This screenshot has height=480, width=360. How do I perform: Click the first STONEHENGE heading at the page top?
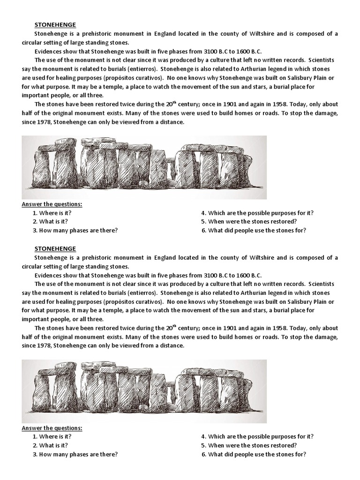(55, 25)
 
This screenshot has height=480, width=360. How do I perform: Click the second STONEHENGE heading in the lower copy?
(55, 249)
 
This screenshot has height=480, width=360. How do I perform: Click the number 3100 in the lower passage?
(207, 275)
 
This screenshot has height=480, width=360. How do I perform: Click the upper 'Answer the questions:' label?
(52, 204)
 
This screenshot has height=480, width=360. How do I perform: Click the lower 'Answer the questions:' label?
(52, 428)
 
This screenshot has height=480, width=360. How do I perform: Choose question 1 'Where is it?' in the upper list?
(55, 213)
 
